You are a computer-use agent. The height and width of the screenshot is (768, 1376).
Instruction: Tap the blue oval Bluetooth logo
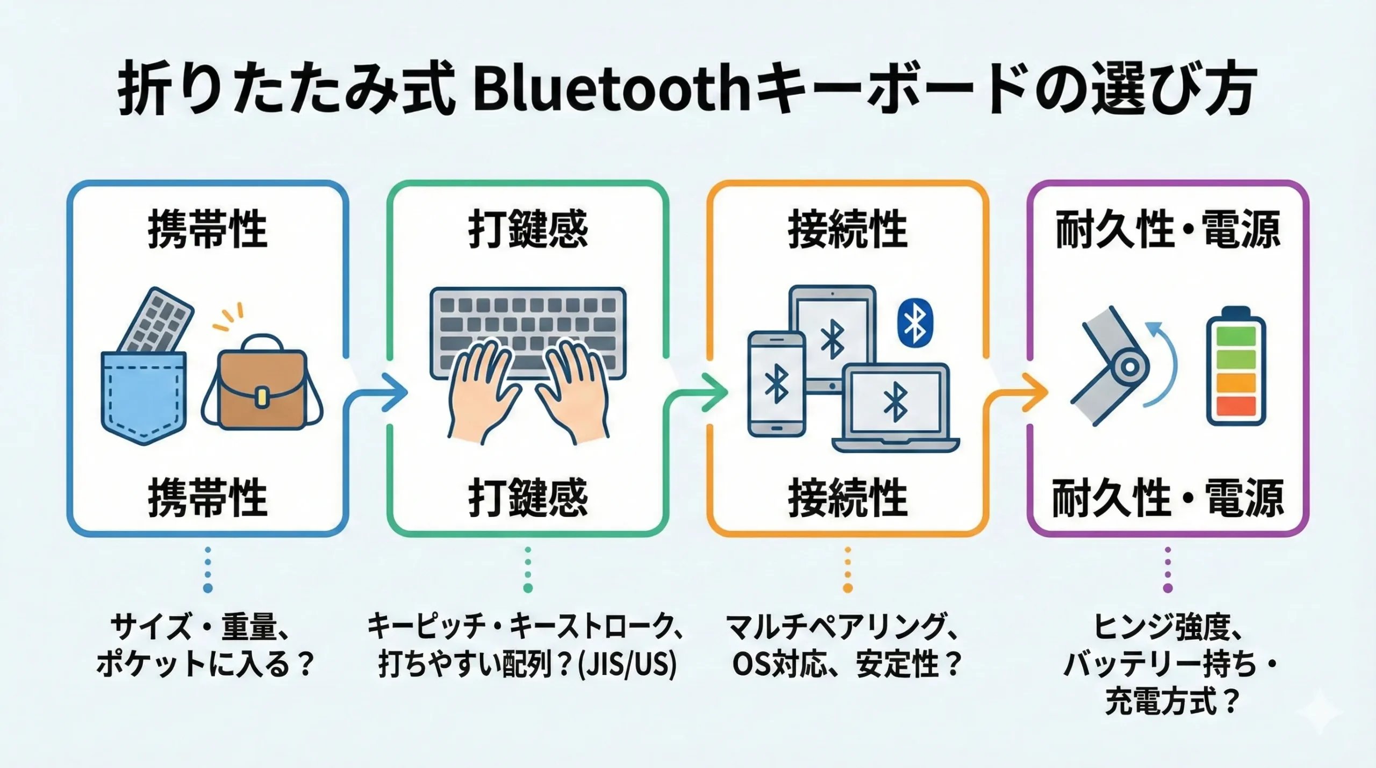[x=915, y=323]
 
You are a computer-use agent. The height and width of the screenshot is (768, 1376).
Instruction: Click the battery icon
[x=1236, y=367]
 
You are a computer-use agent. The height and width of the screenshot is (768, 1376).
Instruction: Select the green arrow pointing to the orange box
[x=696, y=395]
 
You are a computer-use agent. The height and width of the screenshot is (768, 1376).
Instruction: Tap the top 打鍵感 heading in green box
[x=528, y=229]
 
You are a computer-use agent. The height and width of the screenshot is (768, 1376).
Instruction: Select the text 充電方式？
[x=1172, y=701]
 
